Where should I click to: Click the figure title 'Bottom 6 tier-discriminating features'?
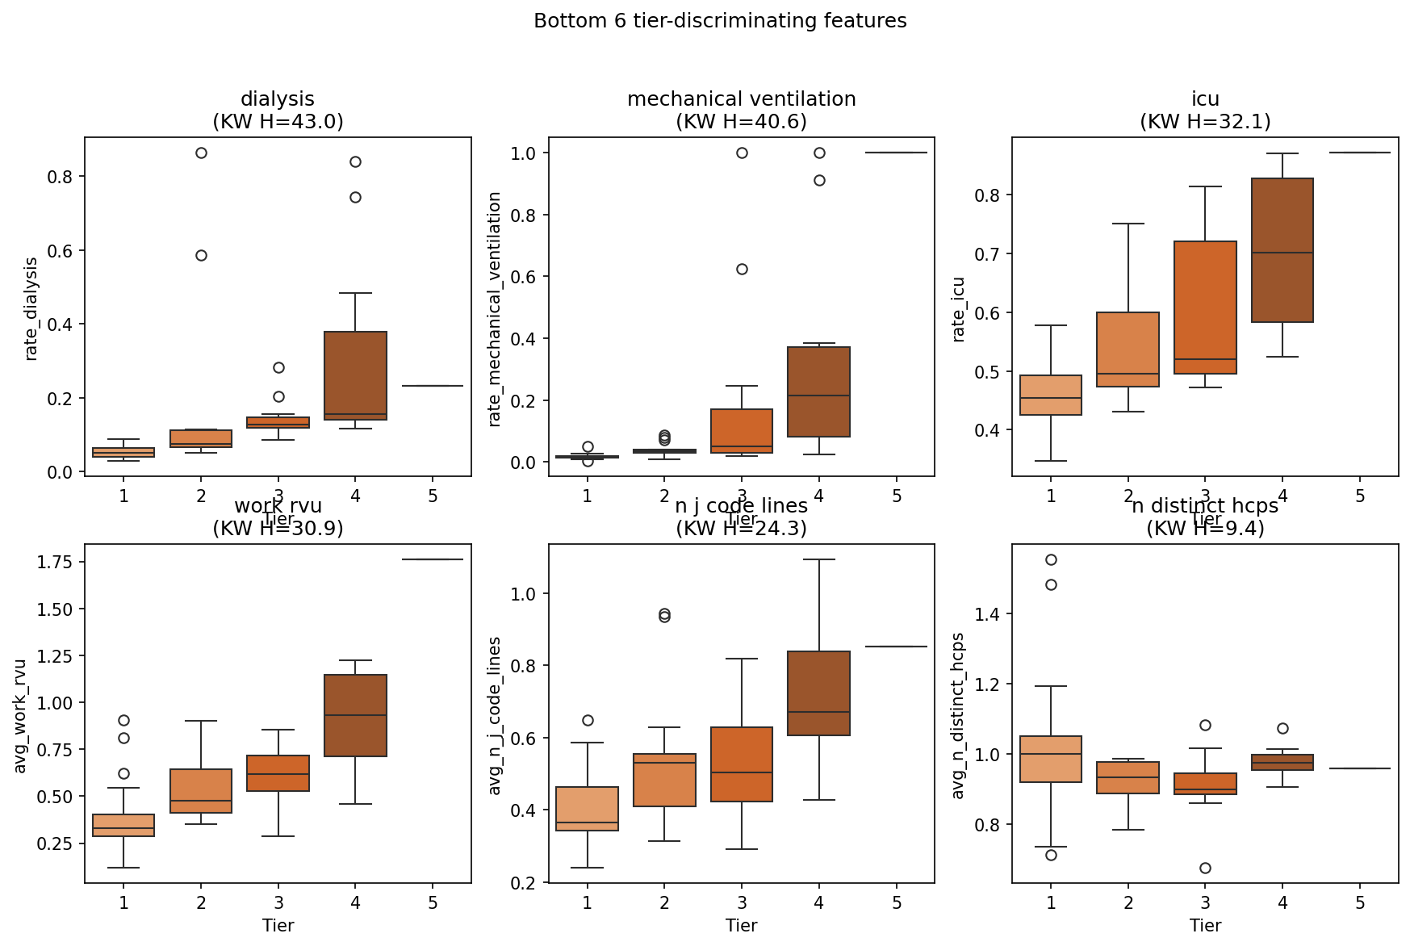pyautogui.click(x=720, y=21)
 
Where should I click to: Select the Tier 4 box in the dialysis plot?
pyautogui.click(x=355, y=375)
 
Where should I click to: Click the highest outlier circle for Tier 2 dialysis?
pyautogui.click(x=201, y=153)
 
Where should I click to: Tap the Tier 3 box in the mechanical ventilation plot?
pyautogui.click(x=742, y=431)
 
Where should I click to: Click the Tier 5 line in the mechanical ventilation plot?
pyautogui.click(x=896, y=153)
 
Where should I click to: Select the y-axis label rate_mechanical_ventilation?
pyautogui.click(x=495, y=309)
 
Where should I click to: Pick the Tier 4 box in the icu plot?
pyautogui.click(x=1282, y=250)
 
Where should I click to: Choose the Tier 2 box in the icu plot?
pyautogui.click(x=1128, y=350)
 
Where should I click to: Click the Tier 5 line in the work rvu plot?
pyautogui.click(x=433, y=559)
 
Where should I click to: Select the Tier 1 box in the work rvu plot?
pyautogui.click(x=123, y=825)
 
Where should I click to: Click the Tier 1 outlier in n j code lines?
pyautogui.click(x=588, y=720)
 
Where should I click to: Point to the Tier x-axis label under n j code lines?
pyautogui.click(x=741, y=925)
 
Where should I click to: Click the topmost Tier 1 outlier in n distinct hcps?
pyautogui.click(x=1051, y=559)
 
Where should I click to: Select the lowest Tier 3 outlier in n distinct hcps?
pyautogui.click(x=1205, y=868)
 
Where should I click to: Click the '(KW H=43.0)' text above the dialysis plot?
pyautogui.click(x=278, y=121)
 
